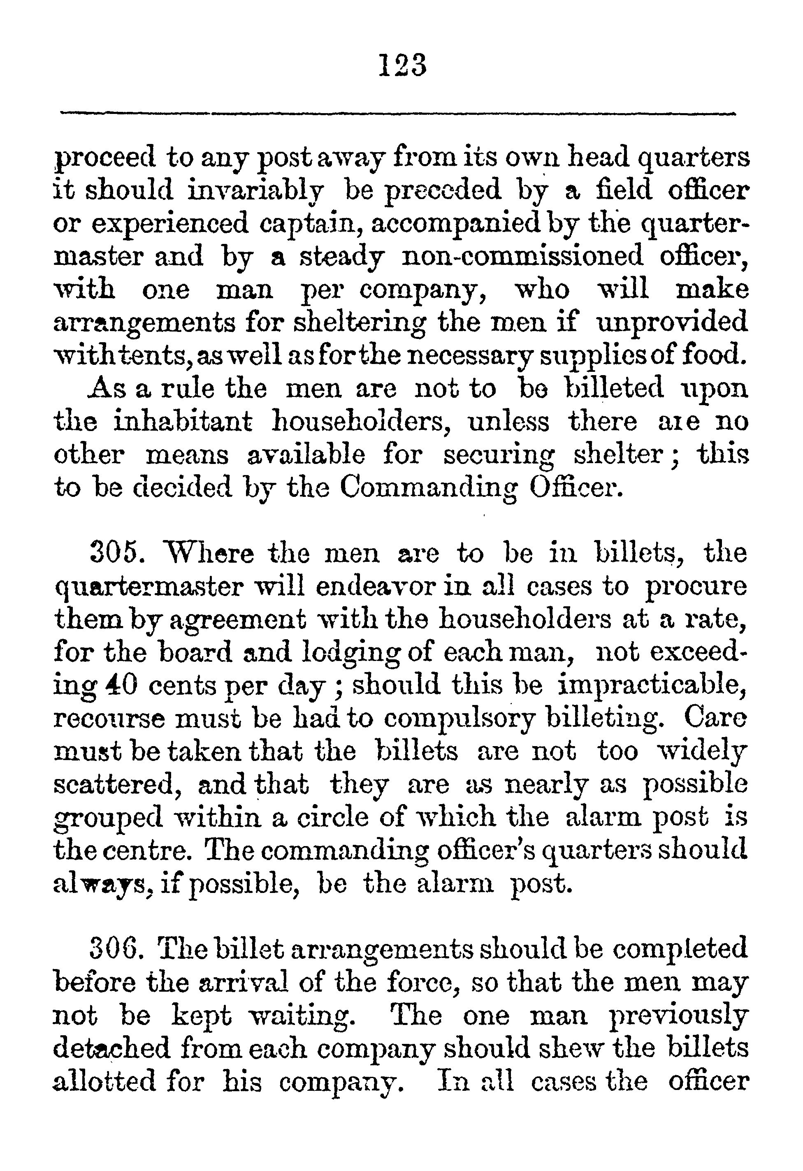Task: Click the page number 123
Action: pyautogui.click(x=402, y=65)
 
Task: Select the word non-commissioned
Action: pyautogui.click(x=522, y=257)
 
